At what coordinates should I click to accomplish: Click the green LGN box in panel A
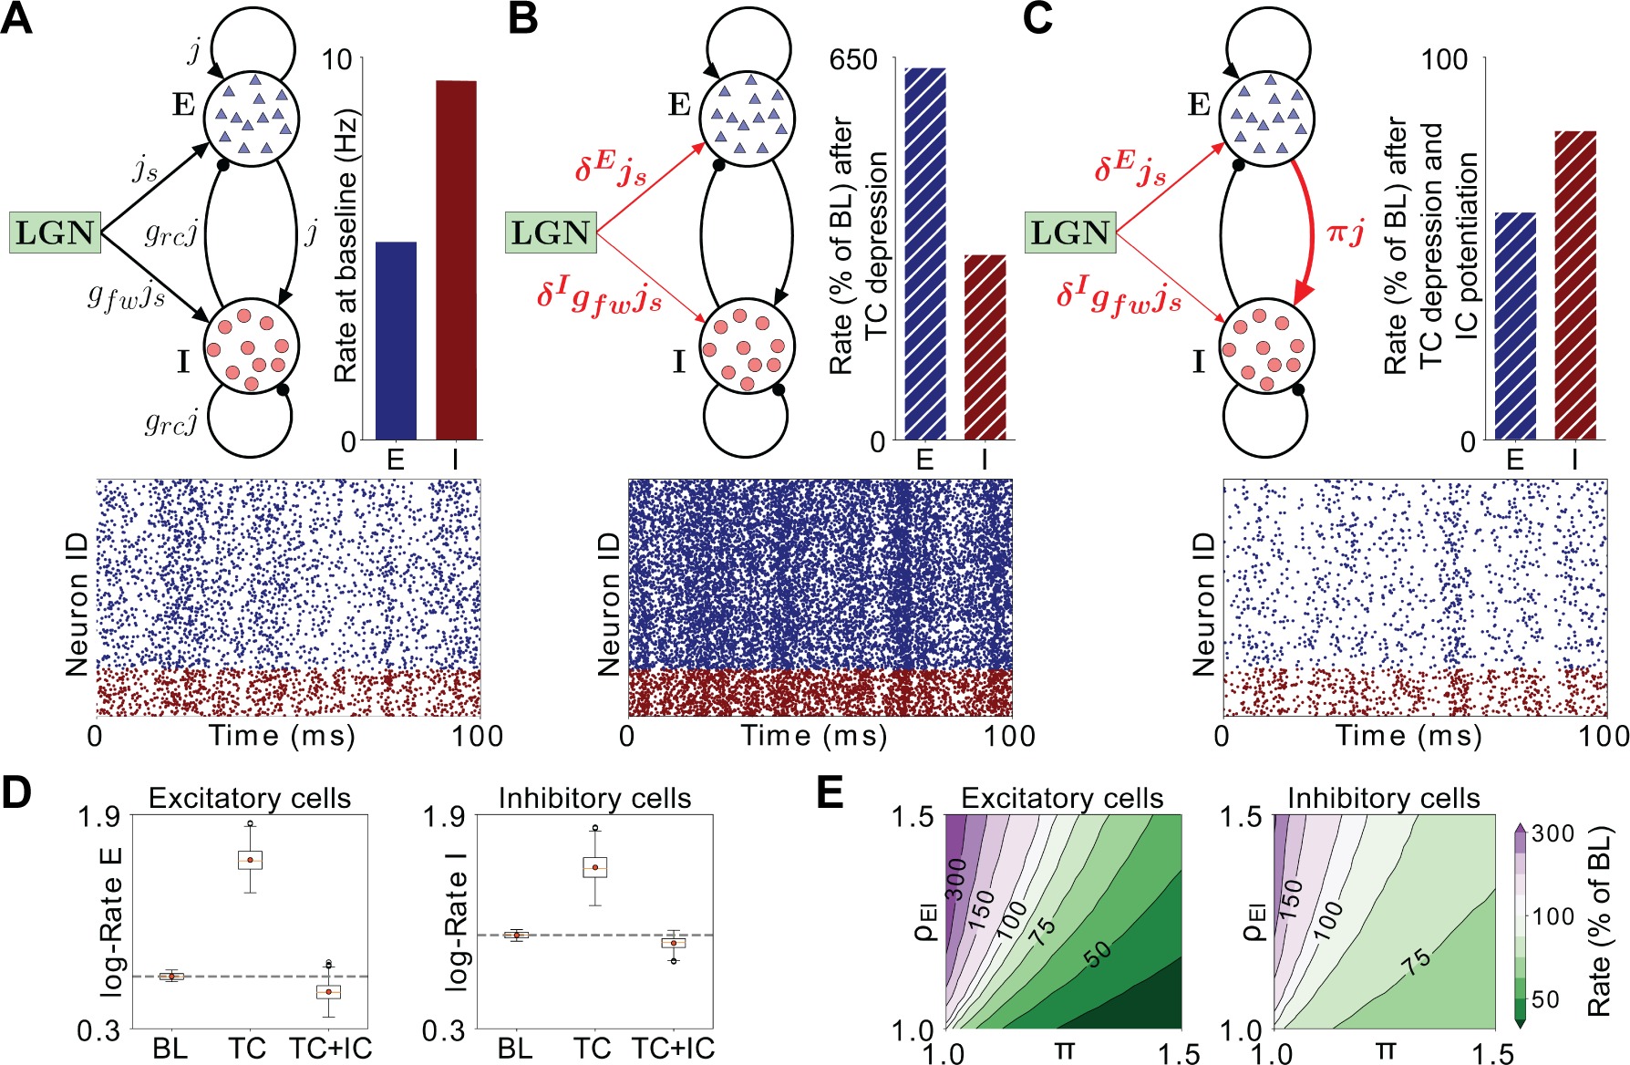coord(55,233)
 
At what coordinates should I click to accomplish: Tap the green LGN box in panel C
coord(1070,233)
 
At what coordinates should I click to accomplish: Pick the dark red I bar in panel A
coord(456,260)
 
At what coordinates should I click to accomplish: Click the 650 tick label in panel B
coord(852,60)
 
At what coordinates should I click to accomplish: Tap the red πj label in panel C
coord(1345,233)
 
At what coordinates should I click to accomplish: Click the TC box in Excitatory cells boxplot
coord(250,860)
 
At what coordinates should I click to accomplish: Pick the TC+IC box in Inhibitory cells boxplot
coord(674,942)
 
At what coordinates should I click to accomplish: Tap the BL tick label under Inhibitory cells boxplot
coord(515,1049)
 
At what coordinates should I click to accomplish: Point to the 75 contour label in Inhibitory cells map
coord(1417,960)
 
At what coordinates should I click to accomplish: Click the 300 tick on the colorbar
coord(1553,833)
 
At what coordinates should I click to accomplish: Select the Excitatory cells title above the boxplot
coord(249,799)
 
